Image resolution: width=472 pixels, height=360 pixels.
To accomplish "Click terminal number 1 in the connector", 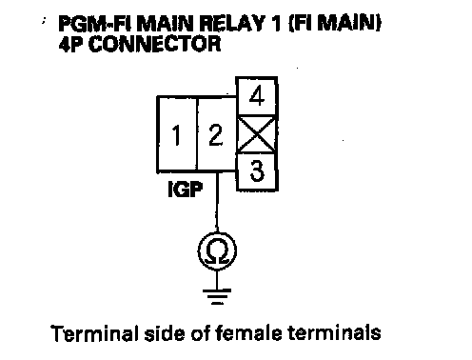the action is [177, 134].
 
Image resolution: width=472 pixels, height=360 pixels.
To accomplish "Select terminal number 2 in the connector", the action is [216, 134].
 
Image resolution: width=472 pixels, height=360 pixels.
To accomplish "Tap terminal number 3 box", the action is [257, 171].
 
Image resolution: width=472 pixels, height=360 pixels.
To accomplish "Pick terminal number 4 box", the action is [257, 96].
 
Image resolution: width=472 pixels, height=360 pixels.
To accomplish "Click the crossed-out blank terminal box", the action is [257, 134].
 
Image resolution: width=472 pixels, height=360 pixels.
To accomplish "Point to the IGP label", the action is [185, 190].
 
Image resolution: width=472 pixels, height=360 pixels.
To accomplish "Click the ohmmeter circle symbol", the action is [217, 251].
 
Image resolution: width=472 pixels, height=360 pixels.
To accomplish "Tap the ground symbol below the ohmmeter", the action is [217, 296].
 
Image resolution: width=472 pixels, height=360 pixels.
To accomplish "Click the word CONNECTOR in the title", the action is [154, 44].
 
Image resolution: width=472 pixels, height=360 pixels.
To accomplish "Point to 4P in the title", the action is [71, 44].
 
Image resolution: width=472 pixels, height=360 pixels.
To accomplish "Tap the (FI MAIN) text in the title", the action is [335, 23].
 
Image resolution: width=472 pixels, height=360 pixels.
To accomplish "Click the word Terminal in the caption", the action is [95, 333].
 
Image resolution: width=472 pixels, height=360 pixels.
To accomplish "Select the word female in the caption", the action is [248, 333].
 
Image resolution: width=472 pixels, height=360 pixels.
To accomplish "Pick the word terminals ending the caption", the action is [334, 333].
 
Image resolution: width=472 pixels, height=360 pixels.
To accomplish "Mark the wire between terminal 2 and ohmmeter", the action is [217, 203].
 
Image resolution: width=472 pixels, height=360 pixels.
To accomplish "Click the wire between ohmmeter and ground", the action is [217, 280].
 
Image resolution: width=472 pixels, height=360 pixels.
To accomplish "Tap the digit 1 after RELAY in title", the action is [276, 23].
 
